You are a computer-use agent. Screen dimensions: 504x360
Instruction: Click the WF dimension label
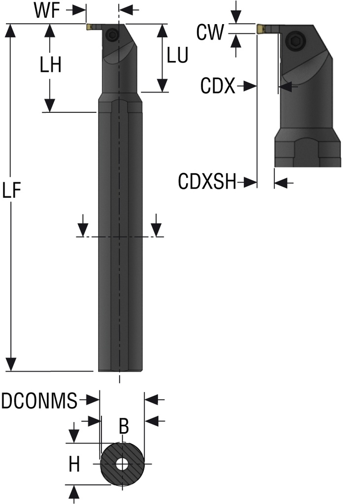47,11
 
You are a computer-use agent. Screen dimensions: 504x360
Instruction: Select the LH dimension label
50,64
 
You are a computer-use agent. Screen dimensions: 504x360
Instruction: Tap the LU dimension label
177,56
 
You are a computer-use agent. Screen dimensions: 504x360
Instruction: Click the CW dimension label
209,33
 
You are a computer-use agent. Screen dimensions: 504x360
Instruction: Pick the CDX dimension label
218,87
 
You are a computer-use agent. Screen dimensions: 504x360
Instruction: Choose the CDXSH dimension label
207,183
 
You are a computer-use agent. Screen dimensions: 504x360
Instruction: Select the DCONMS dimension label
39,401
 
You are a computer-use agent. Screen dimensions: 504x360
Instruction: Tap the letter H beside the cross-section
74,464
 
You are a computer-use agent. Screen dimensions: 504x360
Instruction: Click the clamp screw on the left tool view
113,34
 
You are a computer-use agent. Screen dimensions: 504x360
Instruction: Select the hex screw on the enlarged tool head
296,42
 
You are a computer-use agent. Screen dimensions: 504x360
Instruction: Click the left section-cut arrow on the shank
83,229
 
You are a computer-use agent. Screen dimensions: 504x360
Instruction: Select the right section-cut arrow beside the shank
156,229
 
